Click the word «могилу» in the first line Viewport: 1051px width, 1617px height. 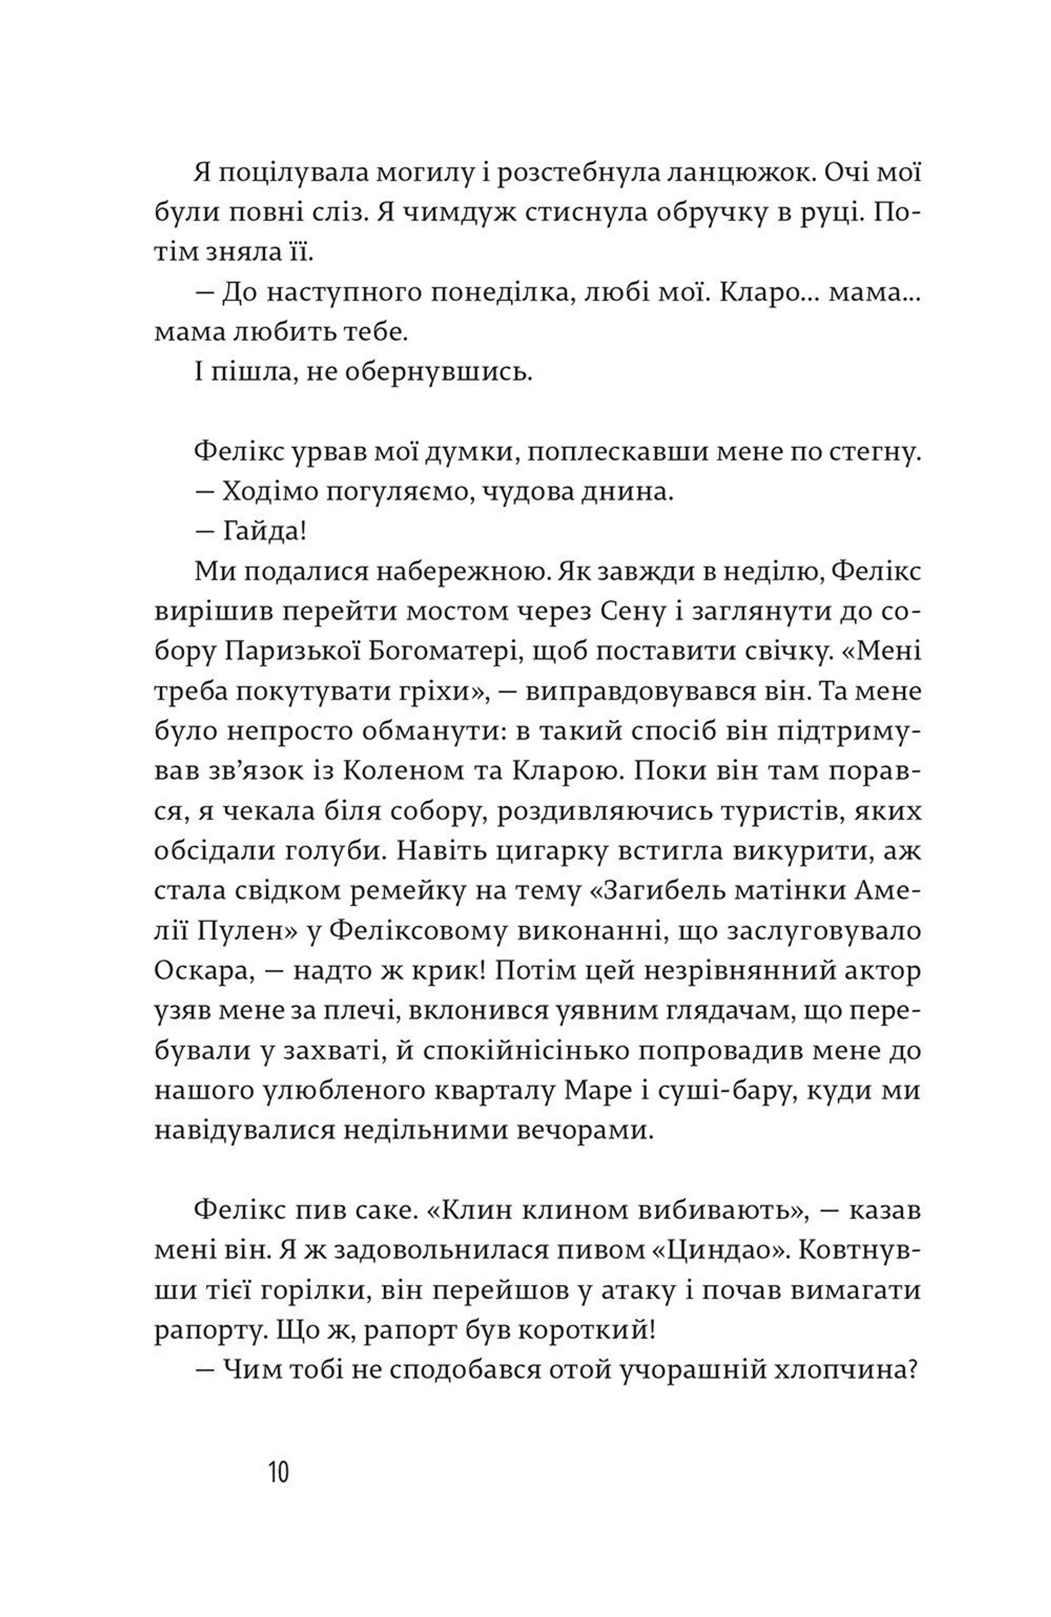pyautogui.click(x=423, y=174)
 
